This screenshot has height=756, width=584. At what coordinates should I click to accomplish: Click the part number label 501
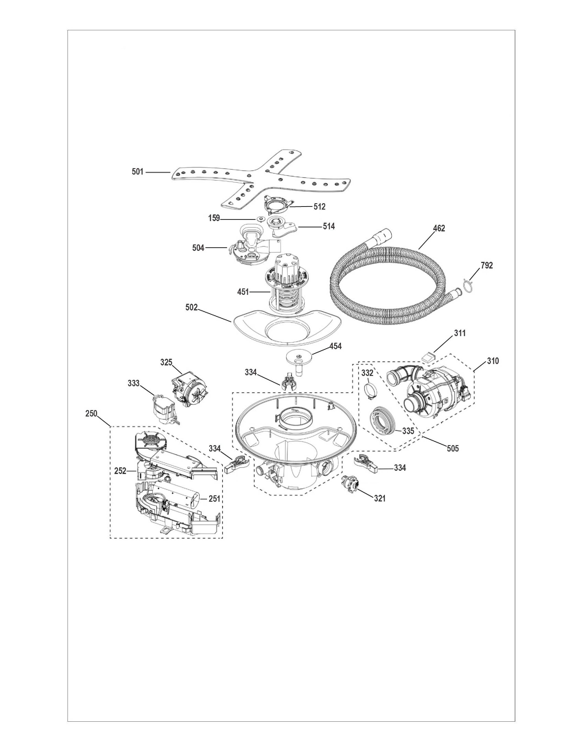(x=138, y=172)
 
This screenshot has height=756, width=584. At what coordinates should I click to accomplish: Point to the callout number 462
(x=439, y=228)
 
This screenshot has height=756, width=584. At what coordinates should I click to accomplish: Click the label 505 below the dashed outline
(x=453, y=449)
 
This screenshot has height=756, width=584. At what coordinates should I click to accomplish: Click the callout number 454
(x=336, y=346)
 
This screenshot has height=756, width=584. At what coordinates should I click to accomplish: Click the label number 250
(x=91, y=413)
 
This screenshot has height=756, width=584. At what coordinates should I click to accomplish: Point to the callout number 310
(x=493, y=361)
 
